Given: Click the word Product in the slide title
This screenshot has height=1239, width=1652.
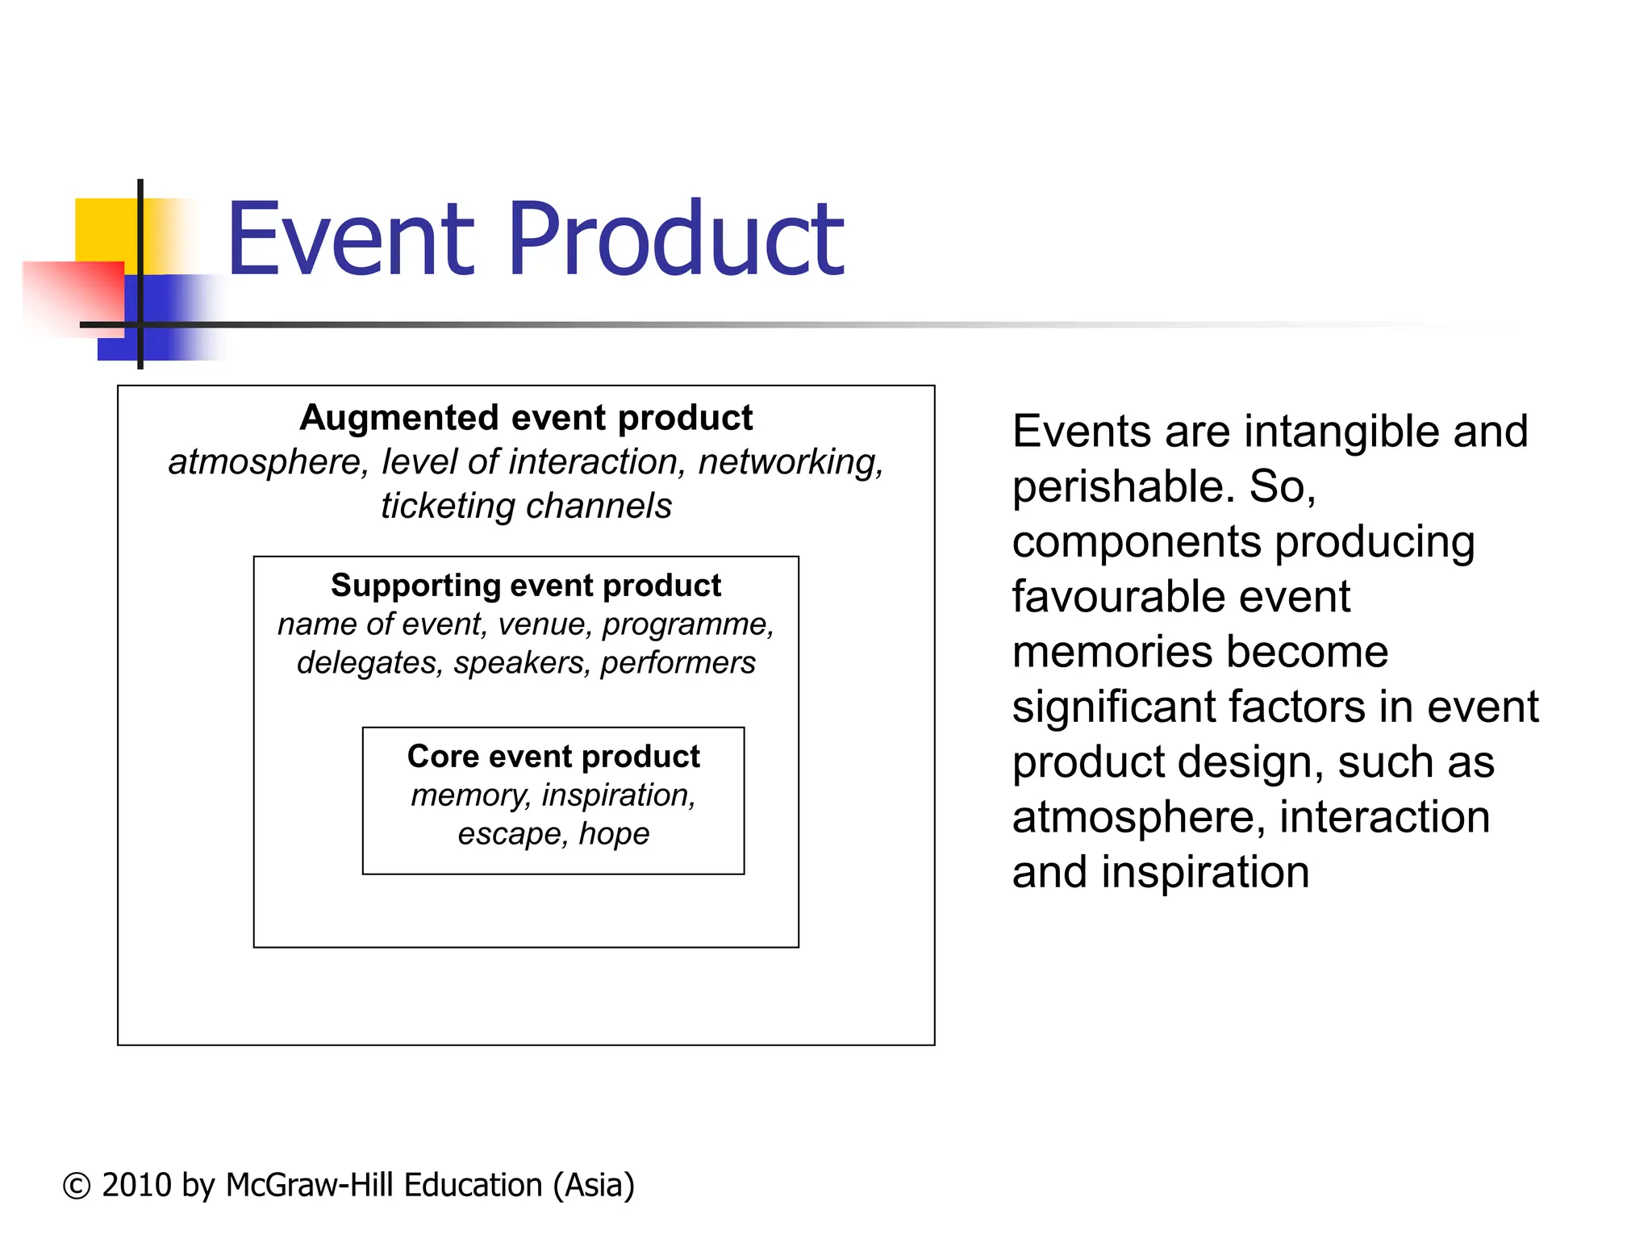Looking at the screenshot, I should (x=676, y=240).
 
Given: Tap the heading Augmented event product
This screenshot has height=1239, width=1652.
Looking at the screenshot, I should (x=526, y=418).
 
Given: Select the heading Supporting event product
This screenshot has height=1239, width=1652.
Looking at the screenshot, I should (x=526, y=586).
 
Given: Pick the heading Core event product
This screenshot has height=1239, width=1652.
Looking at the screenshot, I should (x=553, y=757).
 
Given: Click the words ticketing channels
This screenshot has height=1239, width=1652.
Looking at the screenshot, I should (x=526, y=507).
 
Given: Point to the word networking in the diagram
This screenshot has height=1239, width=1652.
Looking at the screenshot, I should (x=790, y=462).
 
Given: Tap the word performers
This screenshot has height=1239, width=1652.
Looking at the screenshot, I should (x=678, y=663).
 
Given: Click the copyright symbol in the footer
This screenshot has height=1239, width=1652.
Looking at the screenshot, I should (x=77, y=1186).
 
